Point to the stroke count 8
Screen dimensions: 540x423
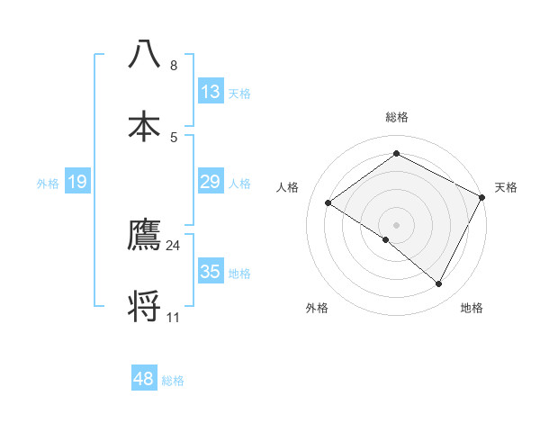[x=174, y=66]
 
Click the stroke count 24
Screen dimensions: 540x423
[x=174, y=245]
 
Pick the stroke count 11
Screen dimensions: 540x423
[x=174, y=317]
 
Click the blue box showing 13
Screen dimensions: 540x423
[x=211, y=92]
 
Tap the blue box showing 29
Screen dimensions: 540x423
[x=211, y=182]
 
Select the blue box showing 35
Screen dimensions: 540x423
[x=211, y=272]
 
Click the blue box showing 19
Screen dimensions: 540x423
[x=77, y=182]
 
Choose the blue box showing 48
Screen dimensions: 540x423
[x=144, y=379]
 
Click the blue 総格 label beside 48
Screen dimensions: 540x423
[x=173, y=381]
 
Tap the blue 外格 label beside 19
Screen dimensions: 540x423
[x=48, y=184]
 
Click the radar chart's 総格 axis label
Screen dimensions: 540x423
[x=396, y=117]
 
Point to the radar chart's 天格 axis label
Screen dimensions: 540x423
[x=506, y=187]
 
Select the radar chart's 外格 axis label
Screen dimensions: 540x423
[x=317, y=308]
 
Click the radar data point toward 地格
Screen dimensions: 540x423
[x=439, y=284]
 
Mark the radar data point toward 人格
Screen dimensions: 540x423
[x=328, y=202]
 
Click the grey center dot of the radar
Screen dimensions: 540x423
[x=396, y=224]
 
